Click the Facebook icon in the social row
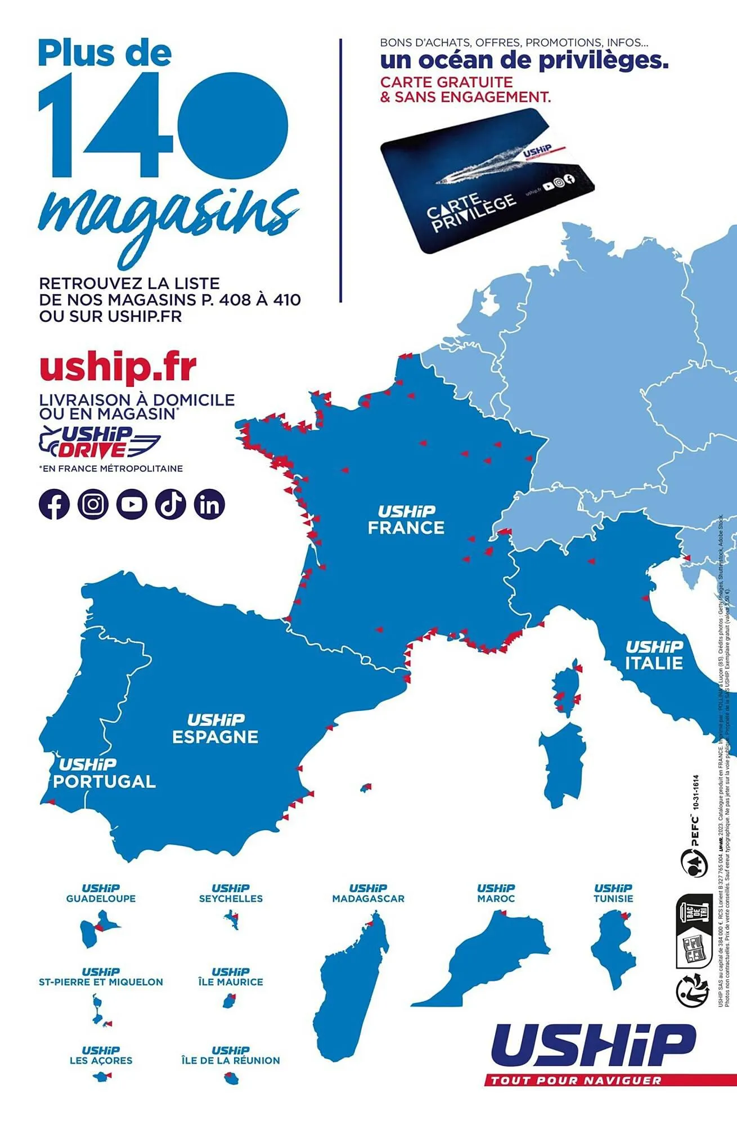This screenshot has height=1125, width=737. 54,504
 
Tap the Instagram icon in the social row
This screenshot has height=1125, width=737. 93,504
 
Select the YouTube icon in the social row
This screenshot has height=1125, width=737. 132,504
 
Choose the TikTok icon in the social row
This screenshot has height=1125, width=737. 170,504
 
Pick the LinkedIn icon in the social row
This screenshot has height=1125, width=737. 209,504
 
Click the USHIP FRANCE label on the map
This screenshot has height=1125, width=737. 406,520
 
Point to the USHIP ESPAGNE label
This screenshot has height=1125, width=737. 215,729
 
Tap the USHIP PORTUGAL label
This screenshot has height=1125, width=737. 104,773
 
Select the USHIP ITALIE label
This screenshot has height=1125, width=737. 654,655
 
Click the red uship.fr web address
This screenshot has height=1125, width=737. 118,367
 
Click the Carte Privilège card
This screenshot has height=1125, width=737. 487,180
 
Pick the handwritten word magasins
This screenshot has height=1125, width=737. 169,217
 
